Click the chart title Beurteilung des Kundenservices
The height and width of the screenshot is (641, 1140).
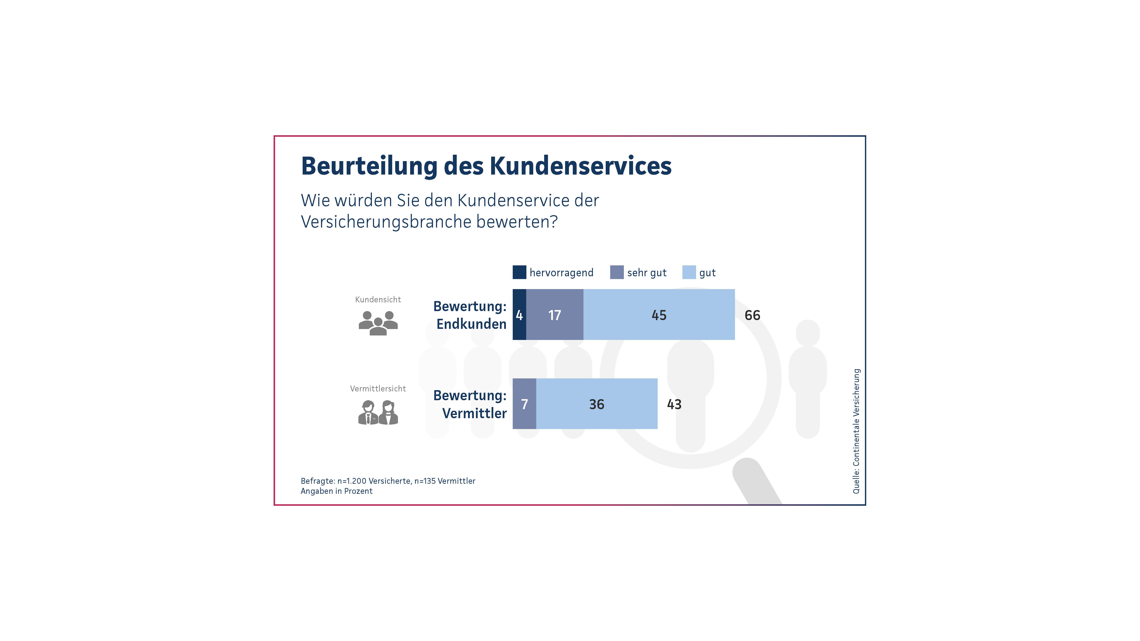point(486,166)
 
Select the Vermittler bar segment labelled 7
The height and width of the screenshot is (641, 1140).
point(524,404)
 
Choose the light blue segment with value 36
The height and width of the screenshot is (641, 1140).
point(597,404)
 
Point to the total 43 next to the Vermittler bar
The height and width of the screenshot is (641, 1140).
point(674,404)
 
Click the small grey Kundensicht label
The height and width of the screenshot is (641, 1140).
point(378,300)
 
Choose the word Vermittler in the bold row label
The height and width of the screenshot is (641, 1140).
point(474,413)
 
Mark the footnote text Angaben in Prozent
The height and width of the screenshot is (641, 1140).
point(336,491)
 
